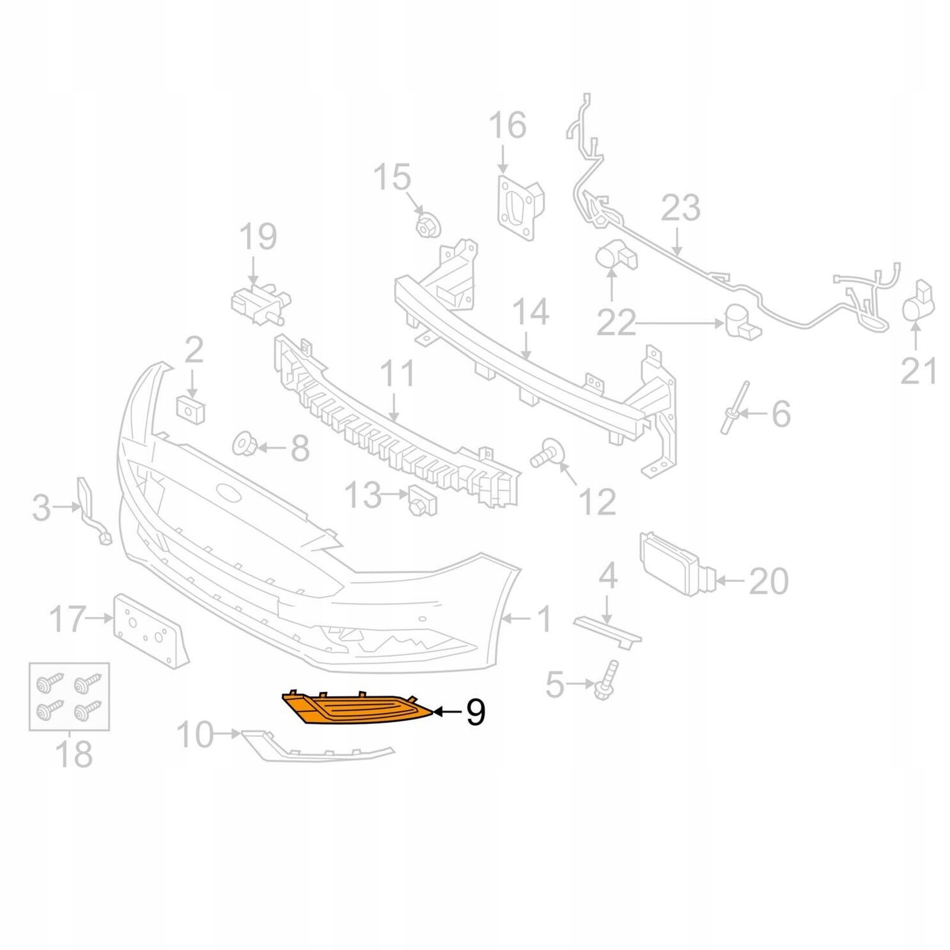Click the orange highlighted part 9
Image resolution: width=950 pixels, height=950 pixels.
coord(356,708)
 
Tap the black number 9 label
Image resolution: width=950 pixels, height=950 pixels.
coord(475,711)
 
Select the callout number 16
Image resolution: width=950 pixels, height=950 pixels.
coord(507,125)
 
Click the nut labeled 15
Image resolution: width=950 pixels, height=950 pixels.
coord(428,225)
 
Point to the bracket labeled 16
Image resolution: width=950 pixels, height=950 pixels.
coord(519,205)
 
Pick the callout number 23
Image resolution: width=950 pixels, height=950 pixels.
coord(681,208)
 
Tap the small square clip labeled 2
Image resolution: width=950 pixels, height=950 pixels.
coord(191,409)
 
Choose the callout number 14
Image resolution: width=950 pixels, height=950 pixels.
coord(530,312)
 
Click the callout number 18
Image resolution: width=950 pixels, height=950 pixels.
coord(74,754)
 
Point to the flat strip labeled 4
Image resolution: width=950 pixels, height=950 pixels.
coord(606,629)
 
